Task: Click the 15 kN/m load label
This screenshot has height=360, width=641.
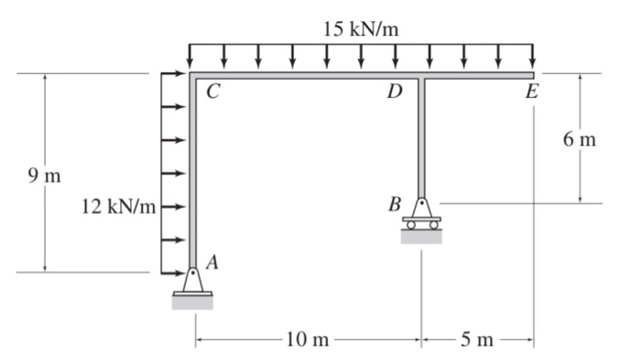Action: click(x=361, y=28)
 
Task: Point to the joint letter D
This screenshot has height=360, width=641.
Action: click(x=394, y=92)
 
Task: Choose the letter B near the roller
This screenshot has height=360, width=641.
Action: click(x=395, y=205)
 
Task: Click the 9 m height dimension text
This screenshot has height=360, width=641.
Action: click(x=43, y=175)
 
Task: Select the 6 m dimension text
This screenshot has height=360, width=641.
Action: click(x=579, y=140)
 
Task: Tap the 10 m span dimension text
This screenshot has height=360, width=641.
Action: click(x=308, y=341)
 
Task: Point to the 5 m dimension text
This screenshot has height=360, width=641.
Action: click(x=476, y=341)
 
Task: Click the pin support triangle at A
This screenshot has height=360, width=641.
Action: click(x=192, y=279)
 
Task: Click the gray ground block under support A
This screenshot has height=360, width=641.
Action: click(x=192, y=302)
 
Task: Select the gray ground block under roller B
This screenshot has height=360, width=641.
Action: click(x=421, y=236)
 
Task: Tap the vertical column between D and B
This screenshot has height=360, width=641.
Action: click(x=421, y=137)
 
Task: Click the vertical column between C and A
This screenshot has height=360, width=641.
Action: click(x=193, y=174)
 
